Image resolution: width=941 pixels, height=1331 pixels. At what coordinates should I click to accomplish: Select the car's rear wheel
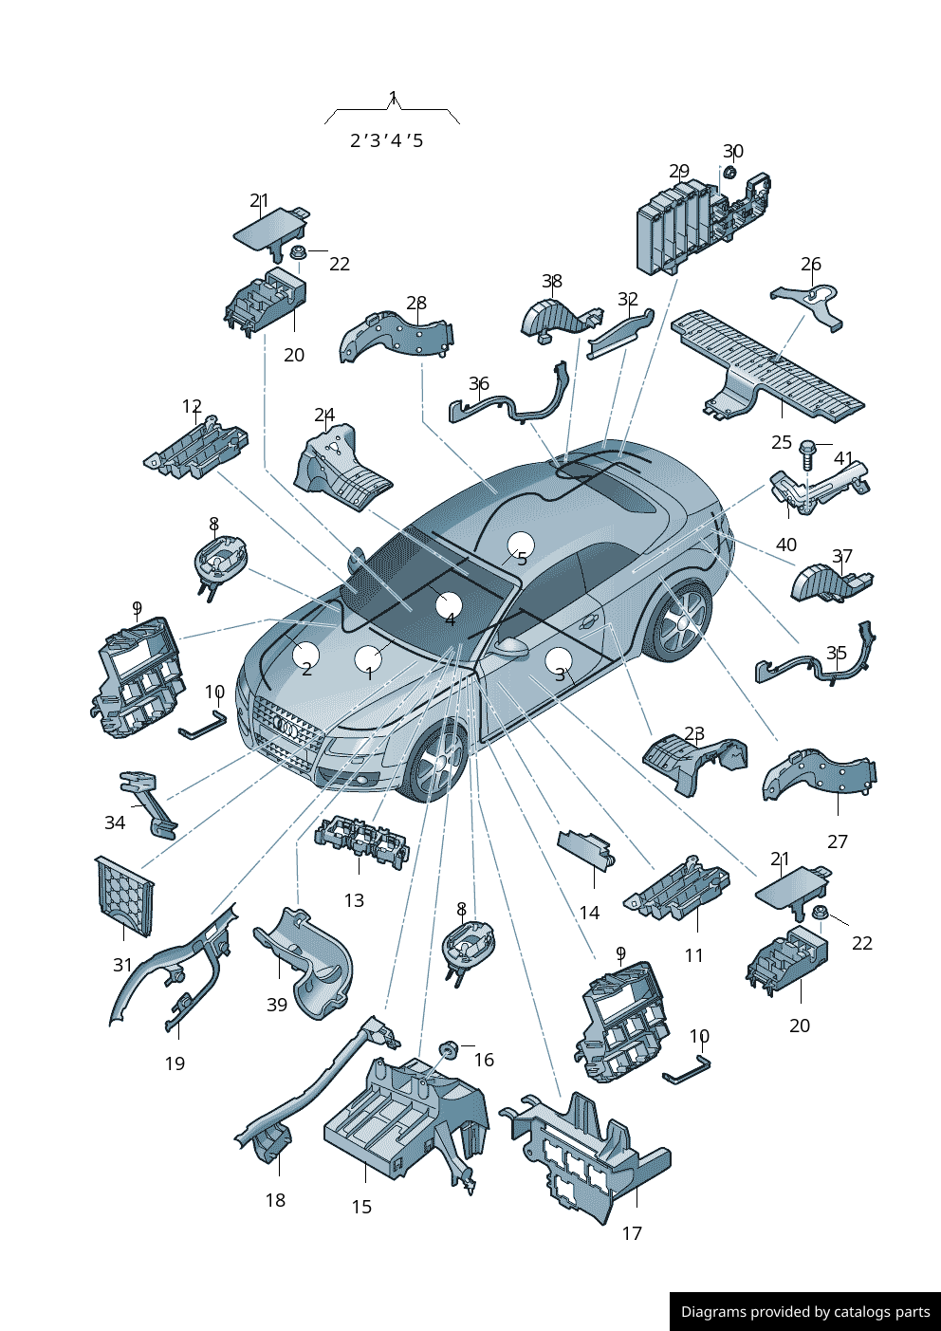683,621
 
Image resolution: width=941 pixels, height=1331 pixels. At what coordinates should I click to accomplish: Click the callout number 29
679,171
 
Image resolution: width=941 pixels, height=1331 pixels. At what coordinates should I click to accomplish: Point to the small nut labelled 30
730,173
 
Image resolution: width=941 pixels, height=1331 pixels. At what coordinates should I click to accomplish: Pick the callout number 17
632,1233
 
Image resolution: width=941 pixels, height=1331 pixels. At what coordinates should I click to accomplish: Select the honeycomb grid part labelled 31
124,896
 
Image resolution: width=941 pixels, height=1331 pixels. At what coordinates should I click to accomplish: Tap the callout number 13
354,900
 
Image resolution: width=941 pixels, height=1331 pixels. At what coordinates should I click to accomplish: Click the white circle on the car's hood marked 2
306,655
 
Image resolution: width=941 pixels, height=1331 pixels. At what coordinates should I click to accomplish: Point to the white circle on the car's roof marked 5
521,545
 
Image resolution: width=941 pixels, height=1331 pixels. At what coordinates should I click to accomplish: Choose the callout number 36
479,384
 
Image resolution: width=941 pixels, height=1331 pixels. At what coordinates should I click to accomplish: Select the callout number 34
115,823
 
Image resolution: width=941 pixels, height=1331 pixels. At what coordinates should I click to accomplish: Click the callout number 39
277,1005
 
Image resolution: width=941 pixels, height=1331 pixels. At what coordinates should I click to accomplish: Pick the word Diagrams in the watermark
707,1311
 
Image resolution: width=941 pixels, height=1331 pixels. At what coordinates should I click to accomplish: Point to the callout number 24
324,415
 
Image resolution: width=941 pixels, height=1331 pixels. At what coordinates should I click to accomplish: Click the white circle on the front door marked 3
559,660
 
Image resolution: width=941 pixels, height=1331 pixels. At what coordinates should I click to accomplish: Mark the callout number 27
838,841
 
